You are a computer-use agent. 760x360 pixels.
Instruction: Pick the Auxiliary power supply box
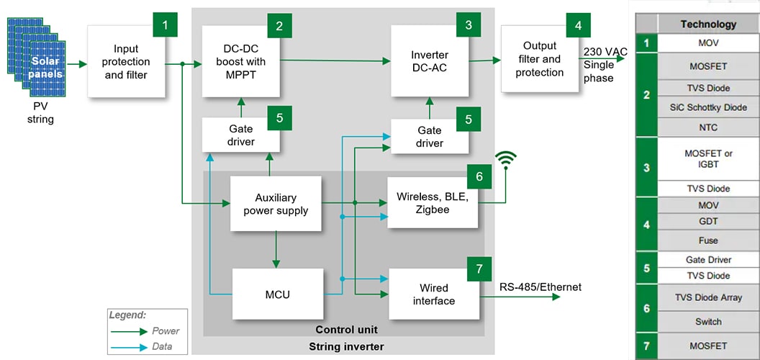(x=276, y=204)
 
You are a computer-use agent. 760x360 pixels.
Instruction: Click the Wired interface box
(x=433, y=294)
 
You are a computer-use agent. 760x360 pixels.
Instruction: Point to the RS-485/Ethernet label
(x=540, y=287)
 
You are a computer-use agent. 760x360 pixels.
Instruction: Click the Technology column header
(x=708, y=24)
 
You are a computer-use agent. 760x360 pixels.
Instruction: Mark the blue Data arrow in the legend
(x=130, y=346)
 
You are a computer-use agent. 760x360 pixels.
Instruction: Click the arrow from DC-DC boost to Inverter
(x=331, y=60)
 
